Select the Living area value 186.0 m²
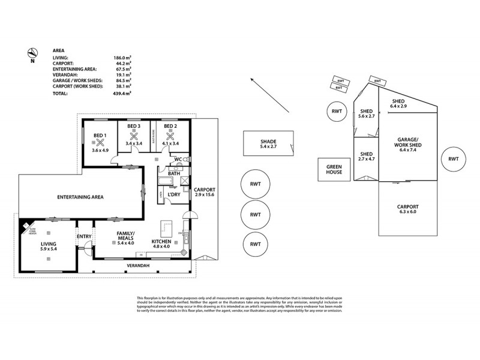pyautogui.click(x=122, y=58)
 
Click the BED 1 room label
pyautogui.click(x=100, y=136)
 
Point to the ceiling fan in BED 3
pyautogui.click(x=134, y=134)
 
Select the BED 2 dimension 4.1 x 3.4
pyautogui.click(x=170, y=144)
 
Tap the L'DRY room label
pyautogui.click(x=175, y=194)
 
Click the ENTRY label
pyautogui.click(x=84, y=236)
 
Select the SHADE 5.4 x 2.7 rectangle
pyautogui.click(x=268, y=144)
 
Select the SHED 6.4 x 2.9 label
pyautogui.click(x=400, y=104)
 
